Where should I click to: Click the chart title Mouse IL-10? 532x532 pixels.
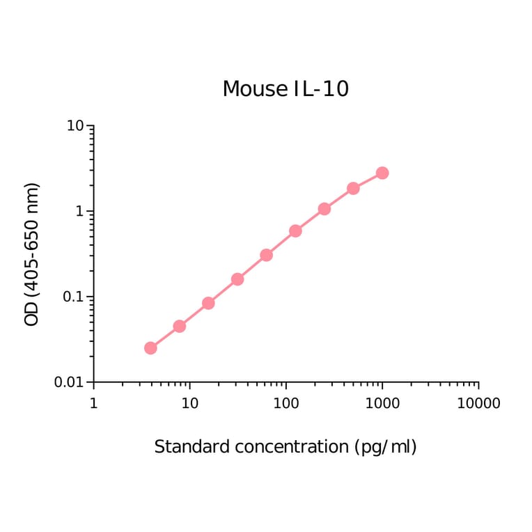[285, 89]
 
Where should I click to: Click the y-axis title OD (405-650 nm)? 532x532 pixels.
[32, 254]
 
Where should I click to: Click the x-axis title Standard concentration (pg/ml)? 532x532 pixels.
[285, 446]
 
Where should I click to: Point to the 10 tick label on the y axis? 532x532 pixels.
[75, 126]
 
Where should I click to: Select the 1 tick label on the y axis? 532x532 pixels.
[79, 212]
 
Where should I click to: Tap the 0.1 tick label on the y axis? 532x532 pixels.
[72, 297]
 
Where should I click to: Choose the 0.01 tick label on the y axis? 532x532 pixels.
[69, 382]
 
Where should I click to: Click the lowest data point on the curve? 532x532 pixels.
[150, 348]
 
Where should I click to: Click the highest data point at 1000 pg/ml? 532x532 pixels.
[382, 173]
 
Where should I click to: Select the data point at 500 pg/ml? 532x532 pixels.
[353, 189]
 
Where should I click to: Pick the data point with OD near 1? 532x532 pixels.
[324, 209]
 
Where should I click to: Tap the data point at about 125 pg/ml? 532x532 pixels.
[295, 230]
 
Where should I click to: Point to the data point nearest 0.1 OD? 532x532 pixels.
[208, 303]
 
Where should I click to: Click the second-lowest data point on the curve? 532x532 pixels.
[179, 326]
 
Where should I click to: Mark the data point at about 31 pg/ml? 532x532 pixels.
[237, 279]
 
